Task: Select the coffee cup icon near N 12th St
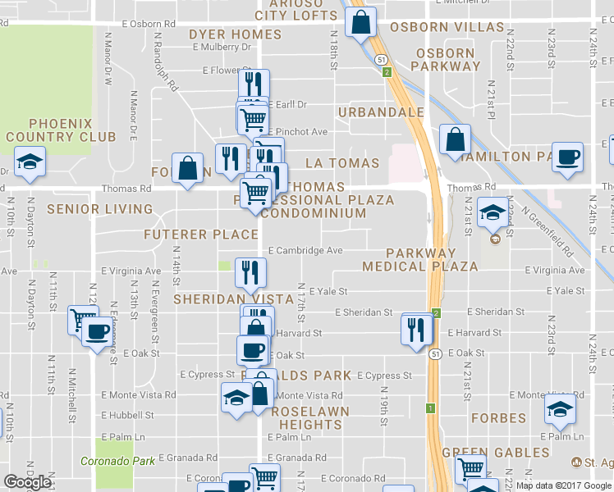coord(98,332)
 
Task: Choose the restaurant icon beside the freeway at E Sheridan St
coord(416,328)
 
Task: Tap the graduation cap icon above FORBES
coord(561,408)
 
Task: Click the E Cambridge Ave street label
coord(305,251)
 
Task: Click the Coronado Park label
coord(118,461)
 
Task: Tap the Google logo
coord(27,482)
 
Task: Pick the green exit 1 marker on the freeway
coord(429,408)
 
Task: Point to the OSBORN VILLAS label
coord(447,26)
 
